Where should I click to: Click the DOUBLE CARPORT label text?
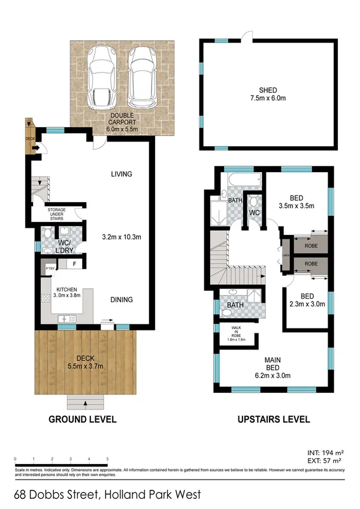coord(122,121)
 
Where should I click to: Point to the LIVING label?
coord(121,174)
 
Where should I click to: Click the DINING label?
coord(121,300)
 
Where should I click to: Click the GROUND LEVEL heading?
coord(82,420)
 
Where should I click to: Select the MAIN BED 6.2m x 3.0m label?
coord(273,368)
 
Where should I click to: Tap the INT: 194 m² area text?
coord(325,453)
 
